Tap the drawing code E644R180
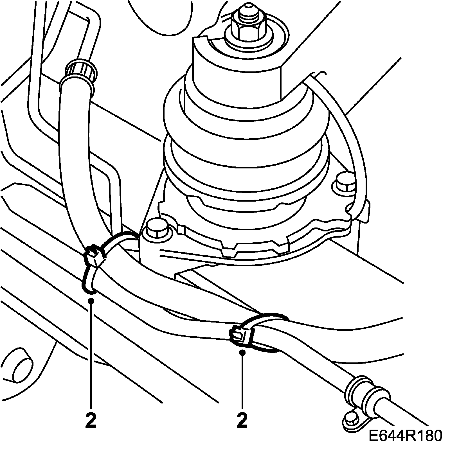[x=405, y=436]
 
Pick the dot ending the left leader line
[x=91, y=301]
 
